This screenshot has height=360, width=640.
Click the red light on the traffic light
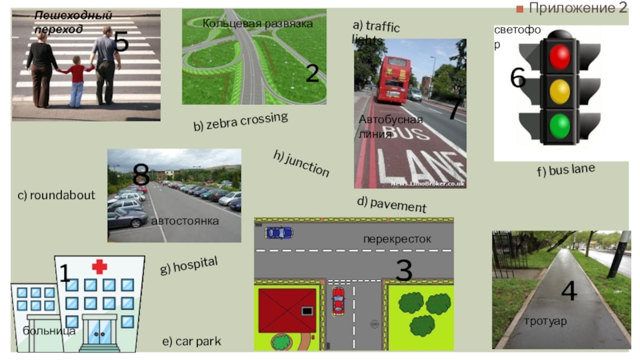559,56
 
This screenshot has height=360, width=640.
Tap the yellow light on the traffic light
559,90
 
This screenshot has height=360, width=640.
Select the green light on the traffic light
559,125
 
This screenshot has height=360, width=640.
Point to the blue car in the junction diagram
279,232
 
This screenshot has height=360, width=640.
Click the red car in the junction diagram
338,301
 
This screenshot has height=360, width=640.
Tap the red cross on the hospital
99,266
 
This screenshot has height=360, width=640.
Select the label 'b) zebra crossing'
240,122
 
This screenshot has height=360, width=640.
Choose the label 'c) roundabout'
56,195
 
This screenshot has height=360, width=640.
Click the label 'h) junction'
301,162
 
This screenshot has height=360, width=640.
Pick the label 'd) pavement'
391,204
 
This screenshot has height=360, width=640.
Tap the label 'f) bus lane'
566,170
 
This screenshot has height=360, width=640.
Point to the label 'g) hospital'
189,266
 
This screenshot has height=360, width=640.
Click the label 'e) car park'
191,342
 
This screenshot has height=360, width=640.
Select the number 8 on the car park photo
141,174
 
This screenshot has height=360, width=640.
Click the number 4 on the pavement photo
569,291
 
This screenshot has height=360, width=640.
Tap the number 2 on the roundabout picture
312,74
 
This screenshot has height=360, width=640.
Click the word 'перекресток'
397,238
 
